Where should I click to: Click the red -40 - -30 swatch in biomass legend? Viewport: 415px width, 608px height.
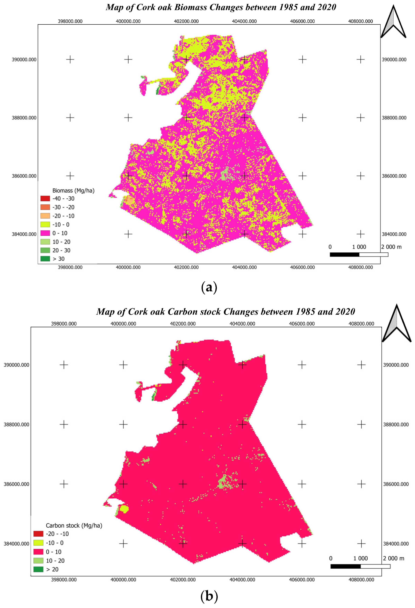click(45, 199)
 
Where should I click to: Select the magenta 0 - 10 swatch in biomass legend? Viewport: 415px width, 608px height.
click(45, 233)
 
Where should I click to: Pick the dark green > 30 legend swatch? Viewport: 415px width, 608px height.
click(45, 259)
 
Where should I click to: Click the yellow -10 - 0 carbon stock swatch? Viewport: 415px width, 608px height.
click(38, 543)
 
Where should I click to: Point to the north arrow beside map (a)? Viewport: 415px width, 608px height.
click(393, 22)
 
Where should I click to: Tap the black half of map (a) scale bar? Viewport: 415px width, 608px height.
click(344, 254)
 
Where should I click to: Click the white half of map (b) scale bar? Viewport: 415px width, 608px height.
click(375, 566)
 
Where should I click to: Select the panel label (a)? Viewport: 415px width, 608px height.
click(209, 287)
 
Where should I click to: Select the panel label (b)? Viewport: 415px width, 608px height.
click(209, 596)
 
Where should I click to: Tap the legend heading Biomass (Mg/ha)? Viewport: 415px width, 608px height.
click(73, 191)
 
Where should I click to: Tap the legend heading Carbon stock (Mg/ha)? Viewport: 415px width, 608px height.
click(74, 526)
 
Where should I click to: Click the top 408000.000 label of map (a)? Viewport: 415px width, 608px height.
click(360, 21)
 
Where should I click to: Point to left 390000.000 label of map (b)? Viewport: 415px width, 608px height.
click(16, 365)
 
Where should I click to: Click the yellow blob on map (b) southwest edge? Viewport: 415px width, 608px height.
click(124, 509)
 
